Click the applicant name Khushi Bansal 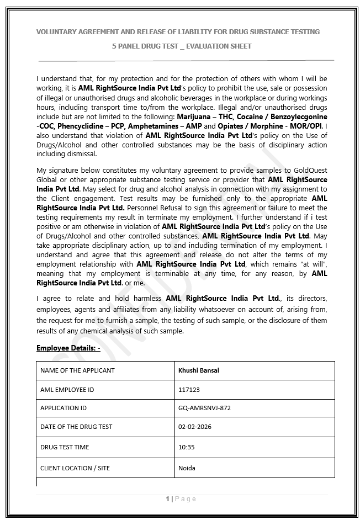coord(199,370)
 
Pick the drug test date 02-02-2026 coord(195,427)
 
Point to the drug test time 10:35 coord(187,447)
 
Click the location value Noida coord(187,468)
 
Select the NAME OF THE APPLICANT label coord(77,370)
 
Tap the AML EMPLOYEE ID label coord(67,390)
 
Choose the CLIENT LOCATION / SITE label coord(75,468)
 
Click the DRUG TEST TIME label coord(65,447)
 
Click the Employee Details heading coord(68,348)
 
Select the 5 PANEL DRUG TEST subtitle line coord(182,46)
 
